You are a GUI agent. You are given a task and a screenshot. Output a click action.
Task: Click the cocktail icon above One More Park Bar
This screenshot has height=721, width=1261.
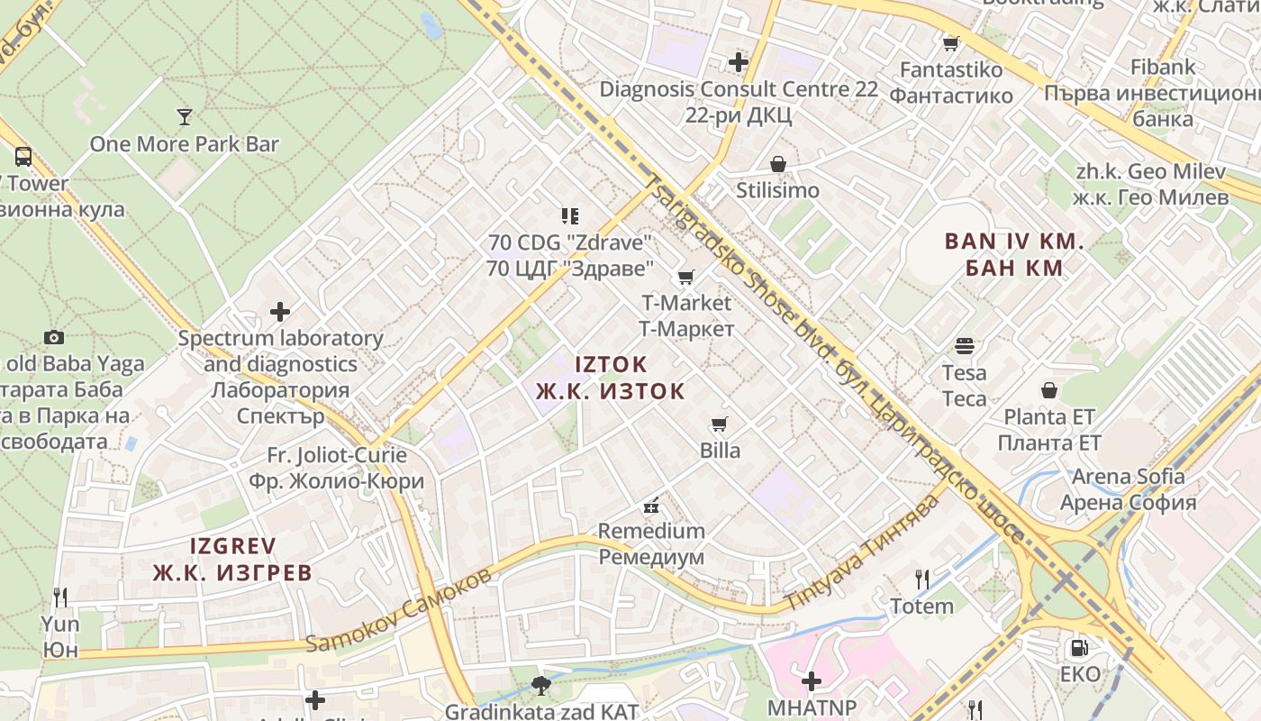[x=185, y=116]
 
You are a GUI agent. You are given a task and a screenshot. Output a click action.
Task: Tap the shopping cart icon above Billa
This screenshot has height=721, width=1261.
[x=719, y=424]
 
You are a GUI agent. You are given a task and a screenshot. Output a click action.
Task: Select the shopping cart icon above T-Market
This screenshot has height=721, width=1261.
[x=686, y=277]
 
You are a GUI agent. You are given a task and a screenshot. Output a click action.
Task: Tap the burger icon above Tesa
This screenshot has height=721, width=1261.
[x=965, y=345]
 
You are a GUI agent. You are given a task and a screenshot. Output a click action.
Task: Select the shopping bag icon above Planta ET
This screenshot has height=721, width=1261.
[x=1049, y=390]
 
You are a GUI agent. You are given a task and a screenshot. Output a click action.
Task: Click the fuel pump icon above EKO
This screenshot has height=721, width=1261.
[x=1078, y=647]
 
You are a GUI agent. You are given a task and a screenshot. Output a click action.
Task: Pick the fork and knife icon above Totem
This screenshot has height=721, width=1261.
[x=921, y=579]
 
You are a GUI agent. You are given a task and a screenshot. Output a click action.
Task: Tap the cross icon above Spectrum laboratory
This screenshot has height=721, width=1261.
[x=280, y=312]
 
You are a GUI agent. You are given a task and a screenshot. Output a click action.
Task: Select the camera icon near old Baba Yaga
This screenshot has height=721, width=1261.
[x=54, y=337]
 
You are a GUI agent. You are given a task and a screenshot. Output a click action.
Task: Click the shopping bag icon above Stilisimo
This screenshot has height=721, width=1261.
[x=778, y=164]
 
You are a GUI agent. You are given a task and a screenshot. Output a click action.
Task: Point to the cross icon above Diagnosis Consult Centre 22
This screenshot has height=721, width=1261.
[x=739, y=62]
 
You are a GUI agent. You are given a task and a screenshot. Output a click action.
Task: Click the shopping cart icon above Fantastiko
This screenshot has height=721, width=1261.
[x=950, y=42]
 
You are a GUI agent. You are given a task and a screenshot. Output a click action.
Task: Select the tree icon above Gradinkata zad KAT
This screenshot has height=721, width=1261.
[x=541, y=685]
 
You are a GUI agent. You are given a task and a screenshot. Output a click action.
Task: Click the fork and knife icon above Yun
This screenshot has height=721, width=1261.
[x=60, y=597]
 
